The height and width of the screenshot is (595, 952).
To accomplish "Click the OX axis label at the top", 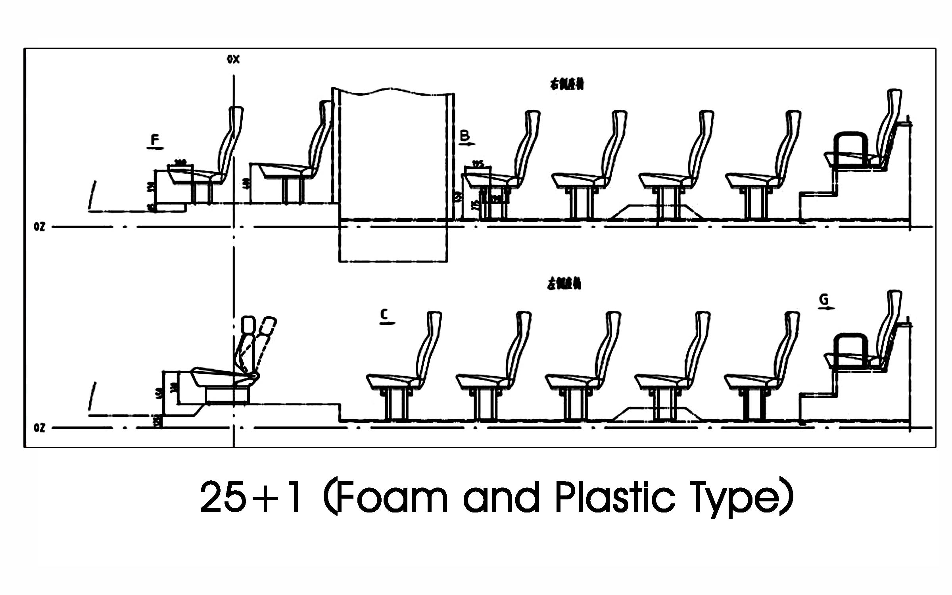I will [233, 59].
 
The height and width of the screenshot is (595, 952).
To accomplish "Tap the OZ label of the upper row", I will [39, 227].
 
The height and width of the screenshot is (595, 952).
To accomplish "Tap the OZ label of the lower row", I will [39, 428].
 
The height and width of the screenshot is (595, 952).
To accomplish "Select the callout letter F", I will [155, 140].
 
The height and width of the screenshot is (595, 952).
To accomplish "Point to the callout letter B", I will [464, 136].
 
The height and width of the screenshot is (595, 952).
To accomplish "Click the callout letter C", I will [384, 315].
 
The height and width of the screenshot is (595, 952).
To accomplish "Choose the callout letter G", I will [823, 299].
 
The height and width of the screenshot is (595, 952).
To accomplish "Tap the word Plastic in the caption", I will [615, 497].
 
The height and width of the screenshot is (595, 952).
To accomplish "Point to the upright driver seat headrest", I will [248, 324].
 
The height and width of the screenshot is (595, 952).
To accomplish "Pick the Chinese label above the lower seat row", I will [564, 284].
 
